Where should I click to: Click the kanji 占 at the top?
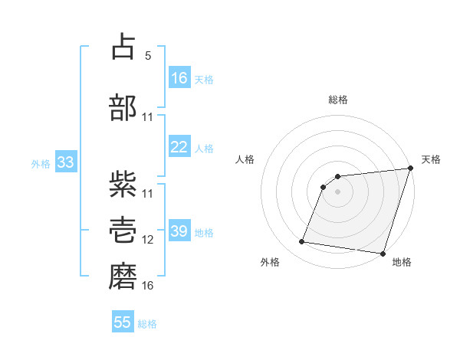point(124,47)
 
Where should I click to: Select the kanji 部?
point(124,107)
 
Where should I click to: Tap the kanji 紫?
point(124,183)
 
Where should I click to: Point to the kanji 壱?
point(124,229)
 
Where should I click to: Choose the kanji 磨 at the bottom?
point(124,275)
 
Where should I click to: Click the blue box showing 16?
point(179,78)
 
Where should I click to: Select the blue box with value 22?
point(179,148)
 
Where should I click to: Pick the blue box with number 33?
point(65,163)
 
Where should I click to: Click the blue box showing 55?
point(123,322)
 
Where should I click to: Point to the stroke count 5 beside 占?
point(148,56)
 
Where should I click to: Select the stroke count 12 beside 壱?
point(148,239)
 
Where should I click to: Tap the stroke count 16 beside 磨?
point(148,285)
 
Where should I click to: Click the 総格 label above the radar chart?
point(337,100)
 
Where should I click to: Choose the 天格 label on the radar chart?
point(431,159)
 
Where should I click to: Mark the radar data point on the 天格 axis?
point(410,169)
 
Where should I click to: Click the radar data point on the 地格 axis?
point(383,254)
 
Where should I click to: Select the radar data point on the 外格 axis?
point(302,242)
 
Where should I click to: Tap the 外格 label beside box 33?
point(41,164)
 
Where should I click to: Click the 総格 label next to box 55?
point(147,324)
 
